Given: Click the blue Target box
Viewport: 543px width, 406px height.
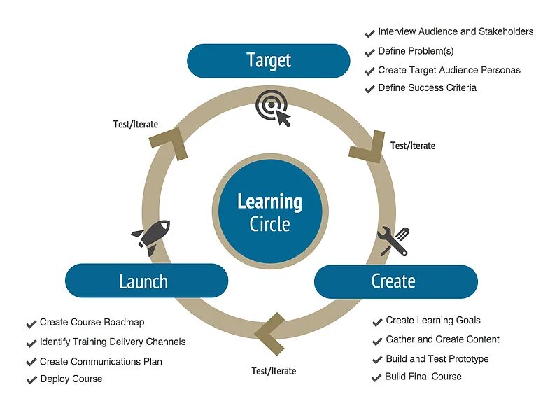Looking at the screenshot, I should click(x=268, y=61).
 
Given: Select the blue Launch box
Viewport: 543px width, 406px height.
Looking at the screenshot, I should click(x=146, y=281).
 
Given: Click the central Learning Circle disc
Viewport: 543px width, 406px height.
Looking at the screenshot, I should click(x=269, y=212).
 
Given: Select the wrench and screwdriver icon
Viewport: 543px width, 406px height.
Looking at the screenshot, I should click(x=393, y=241).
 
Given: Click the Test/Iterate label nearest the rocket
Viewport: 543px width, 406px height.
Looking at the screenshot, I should click(x=136, y=125).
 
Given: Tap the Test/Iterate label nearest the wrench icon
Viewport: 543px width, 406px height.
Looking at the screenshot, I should click(x=413, y=146).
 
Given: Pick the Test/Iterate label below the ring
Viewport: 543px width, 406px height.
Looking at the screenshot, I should click(x=274, y=371).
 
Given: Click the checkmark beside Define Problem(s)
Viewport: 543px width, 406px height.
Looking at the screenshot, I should click(x=369, y=52).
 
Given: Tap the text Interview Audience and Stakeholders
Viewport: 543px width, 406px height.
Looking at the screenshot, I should click(x=456, y=32).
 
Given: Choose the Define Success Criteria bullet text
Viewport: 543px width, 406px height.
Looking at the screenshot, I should click(x=427, y=88).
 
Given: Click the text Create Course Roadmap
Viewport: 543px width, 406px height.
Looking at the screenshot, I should click(x=92, y=323).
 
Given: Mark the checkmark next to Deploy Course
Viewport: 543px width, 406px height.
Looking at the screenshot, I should click(x=31, y=380).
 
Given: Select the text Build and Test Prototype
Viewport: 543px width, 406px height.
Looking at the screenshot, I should click(x=437, y=359).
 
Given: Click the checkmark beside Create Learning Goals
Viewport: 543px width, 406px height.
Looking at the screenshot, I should click(x=377, y=322).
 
